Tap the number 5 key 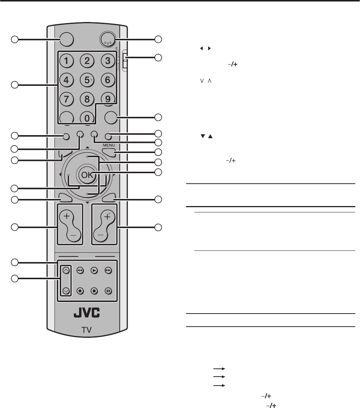pyautogui.click(x=87, y=80)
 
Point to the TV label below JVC pyautogui.click(x=87, y=330)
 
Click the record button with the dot pyautogui.click(x=80, y=291)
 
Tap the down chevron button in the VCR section pyautogui.click(x=66, y=291)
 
